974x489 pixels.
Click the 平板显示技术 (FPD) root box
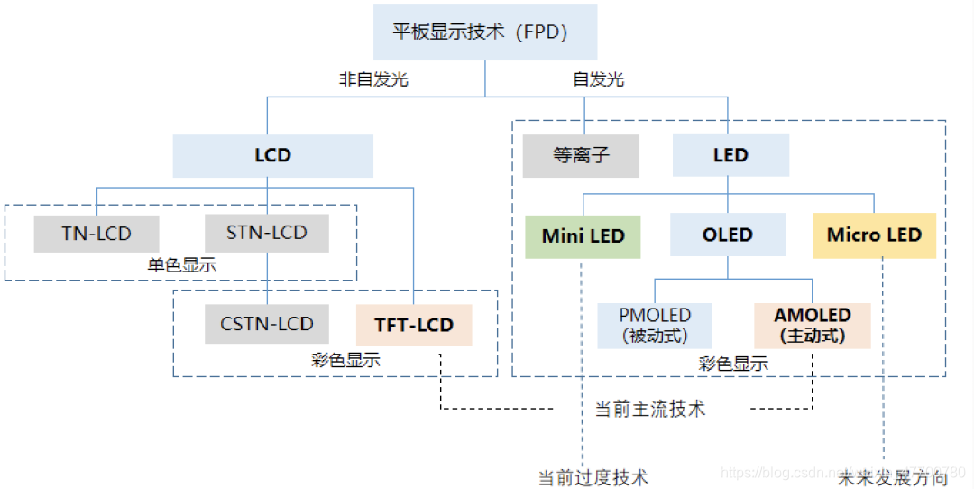click(x=485, y=32)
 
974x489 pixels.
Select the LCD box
click(x=272, y=155)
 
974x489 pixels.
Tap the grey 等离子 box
click(x=581, y=155)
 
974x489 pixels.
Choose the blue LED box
click(x=730, y=155)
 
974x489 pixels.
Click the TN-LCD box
click(x=96, y=234)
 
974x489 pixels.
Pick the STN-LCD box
click(x=267, y=233)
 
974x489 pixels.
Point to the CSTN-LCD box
click(x=267, y=324)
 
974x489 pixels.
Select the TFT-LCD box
click(x=414, y=325)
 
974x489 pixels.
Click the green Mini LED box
click(x=583, y=235)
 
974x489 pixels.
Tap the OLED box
click(x=727, y=235)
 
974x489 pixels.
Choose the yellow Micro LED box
click(x=874, y=235)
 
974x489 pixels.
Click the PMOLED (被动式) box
click(x=655, y=326)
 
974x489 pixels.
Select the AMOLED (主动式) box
click(x=812, y=326)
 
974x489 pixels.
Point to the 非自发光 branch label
click(x=373, y=79)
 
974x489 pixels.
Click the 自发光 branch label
click(x=598, y=79)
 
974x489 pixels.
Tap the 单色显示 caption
click(x=182, y=265)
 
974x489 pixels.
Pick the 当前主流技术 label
click(x=650, y=409)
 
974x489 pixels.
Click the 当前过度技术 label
click(x=593, y=477)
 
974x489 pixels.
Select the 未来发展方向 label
click(x=893, y=477)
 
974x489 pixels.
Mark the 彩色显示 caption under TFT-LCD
click(x=345, y=360)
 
